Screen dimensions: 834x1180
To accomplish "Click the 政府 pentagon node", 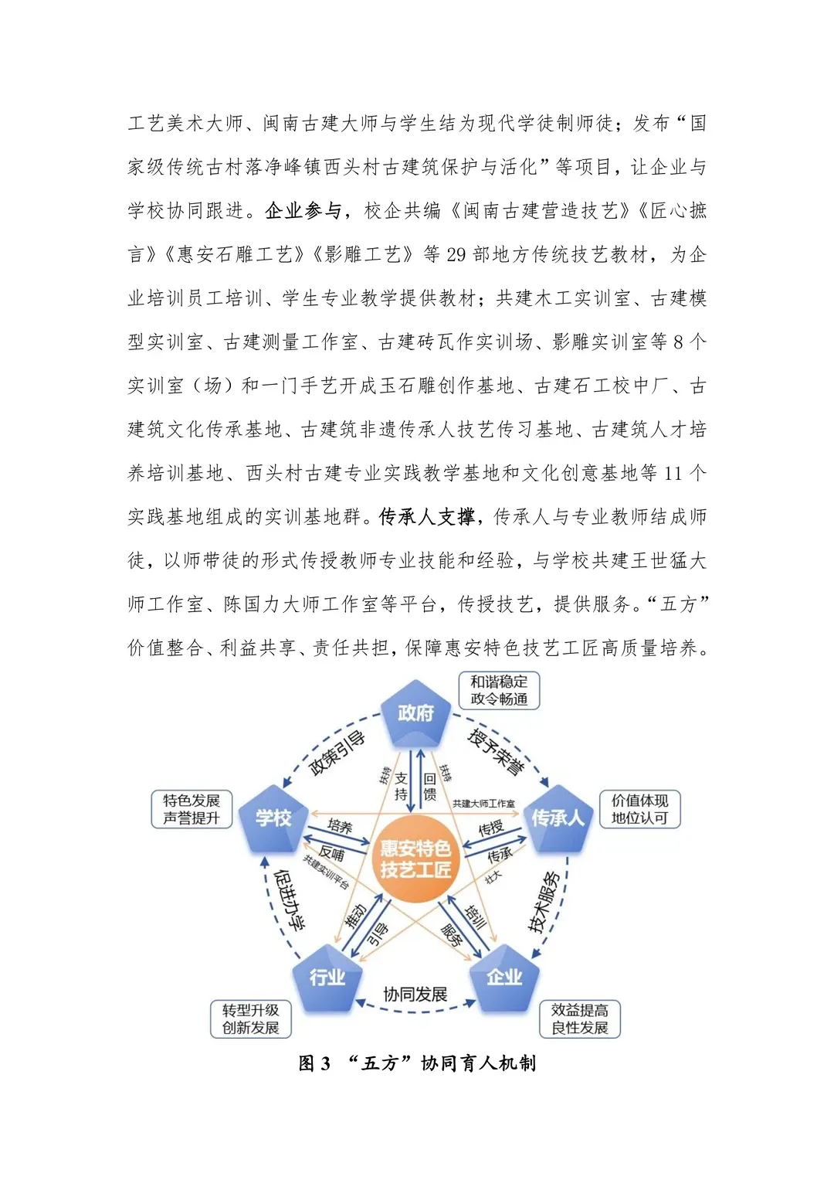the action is [x=415, y=713].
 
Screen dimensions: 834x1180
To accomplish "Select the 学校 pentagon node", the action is [x=274, y=818].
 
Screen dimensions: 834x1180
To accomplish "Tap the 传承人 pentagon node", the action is [x=558, y=818].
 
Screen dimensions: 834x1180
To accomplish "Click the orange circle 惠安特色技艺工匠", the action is [x=415, y=859].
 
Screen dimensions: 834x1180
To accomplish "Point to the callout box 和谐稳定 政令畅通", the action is [x=499, y=690].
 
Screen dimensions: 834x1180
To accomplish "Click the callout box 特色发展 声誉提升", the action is [x=192, y=809].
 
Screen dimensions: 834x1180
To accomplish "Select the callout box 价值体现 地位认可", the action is [x=639, y=809].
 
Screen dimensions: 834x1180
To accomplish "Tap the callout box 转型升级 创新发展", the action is [x=251, y=1018].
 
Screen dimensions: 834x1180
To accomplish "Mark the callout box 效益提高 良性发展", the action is [x=580, y=1018].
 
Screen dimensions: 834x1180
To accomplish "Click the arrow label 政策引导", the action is [x=337, y=752].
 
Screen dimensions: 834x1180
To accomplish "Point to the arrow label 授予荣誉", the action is [x=496, y=751].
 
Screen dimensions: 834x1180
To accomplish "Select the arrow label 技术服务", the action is [x=544, y=901].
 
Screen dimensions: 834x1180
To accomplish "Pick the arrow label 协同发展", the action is [x=415, y=995].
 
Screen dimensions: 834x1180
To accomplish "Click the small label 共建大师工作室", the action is [x=483, y=804].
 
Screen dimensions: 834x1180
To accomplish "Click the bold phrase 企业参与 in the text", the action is [x=303, y=210].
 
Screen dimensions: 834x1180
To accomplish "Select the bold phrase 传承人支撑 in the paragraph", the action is [x=426, y=516].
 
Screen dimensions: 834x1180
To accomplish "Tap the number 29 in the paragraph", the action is [x=456, y=254].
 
